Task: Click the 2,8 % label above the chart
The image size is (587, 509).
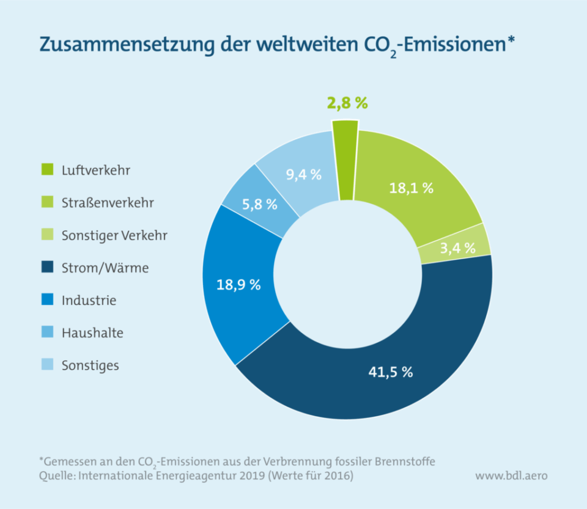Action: click(347, 103)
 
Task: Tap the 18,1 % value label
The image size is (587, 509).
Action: click(412, 188)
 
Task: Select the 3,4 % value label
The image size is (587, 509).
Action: click(457, 247)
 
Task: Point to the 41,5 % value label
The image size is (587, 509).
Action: click(389, 372)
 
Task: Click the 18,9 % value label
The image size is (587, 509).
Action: click(238, 284)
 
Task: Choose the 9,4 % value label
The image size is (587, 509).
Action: click(304, 174)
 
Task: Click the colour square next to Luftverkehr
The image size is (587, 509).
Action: click(45, 169)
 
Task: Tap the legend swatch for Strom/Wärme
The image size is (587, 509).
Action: click(45, 268)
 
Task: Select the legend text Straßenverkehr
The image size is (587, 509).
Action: click(108, 202)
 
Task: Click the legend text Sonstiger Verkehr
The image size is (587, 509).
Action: click(114, 235)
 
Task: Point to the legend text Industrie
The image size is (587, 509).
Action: click(89, 301)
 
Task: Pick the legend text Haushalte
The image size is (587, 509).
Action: click(92, 333)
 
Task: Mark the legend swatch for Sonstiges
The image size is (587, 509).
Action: click(45, 365)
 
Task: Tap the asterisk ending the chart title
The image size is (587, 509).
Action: click(511, 42)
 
